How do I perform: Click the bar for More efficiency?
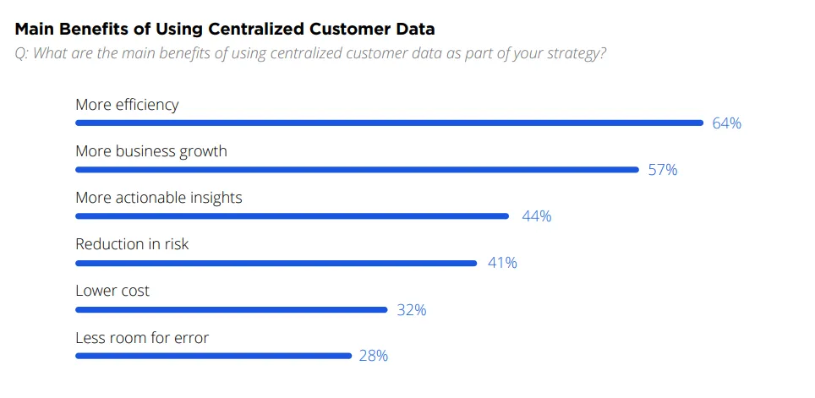click(389, 123)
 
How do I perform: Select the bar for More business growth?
click(357, 169)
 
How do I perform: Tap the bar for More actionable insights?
click(292, 215)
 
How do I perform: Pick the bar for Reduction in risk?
click(276, 263)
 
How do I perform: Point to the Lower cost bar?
click(231, 309)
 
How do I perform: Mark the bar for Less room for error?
click(213, 356)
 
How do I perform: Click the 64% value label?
click(726, 123)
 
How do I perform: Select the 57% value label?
click(663, 170)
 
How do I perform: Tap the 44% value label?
click(536, 216)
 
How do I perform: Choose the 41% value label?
click(502, 263)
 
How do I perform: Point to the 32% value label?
click(412, 310)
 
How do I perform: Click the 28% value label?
click(373, 357)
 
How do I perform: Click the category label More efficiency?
click(127, 105)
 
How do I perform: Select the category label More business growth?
click(150, 151)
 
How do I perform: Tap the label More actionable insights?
click(158, 198)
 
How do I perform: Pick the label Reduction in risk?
click(132, 244)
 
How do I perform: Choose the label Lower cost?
click(112, 291)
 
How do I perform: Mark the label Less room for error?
click(141, 338)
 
